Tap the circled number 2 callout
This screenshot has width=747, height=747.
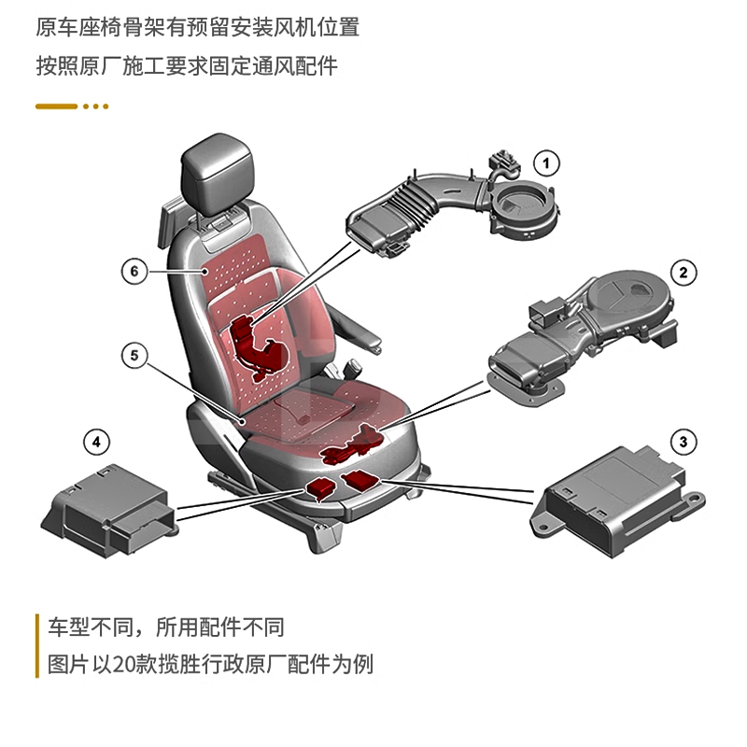click(684, 273)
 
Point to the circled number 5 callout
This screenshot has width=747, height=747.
click(134, 355)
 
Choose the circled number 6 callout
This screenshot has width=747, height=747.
click(134, 271)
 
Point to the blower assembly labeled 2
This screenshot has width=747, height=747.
click(579, 327)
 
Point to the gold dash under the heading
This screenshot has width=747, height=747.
click(56, 106)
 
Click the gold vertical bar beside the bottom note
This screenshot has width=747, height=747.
click(36, 645)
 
